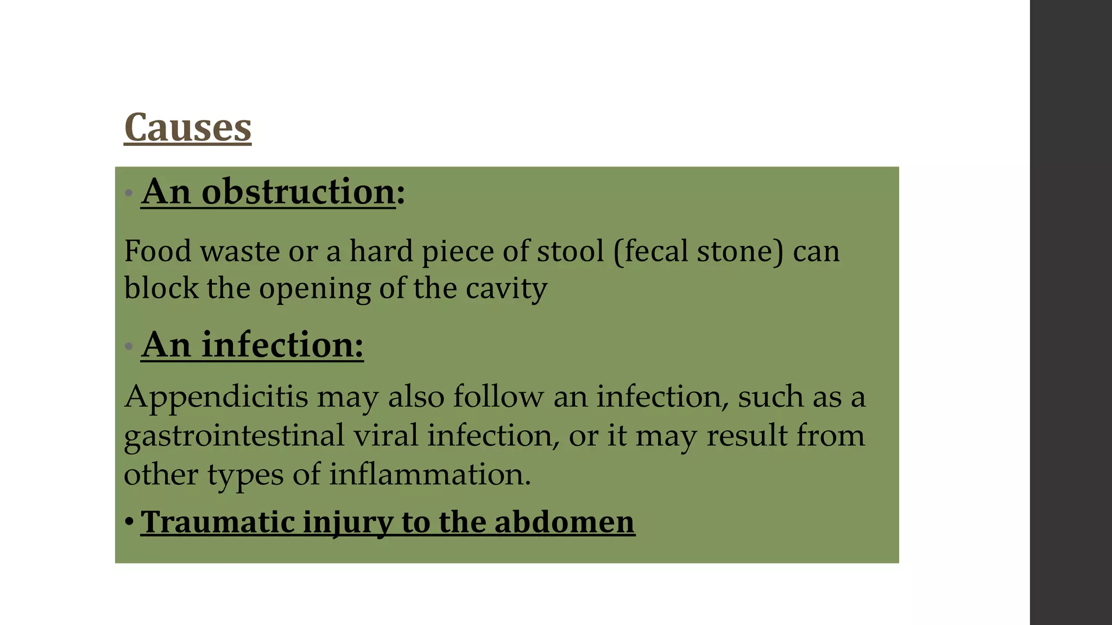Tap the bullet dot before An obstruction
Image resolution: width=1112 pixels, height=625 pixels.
click(129, 193)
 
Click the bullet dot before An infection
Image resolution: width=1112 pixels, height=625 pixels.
click(129, 346)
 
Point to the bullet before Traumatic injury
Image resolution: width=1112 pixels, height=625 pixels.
click(129, 522)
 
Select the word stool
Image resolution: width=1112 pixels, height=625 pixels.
click(570, 251)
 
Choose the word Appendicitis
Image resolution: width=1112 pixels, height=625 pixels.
click(216, 397)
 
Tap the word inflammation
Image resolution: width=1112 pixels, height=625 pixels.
click(429, 474)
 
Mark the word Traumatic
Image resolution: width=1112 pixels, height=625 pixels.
click(217, 522)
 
